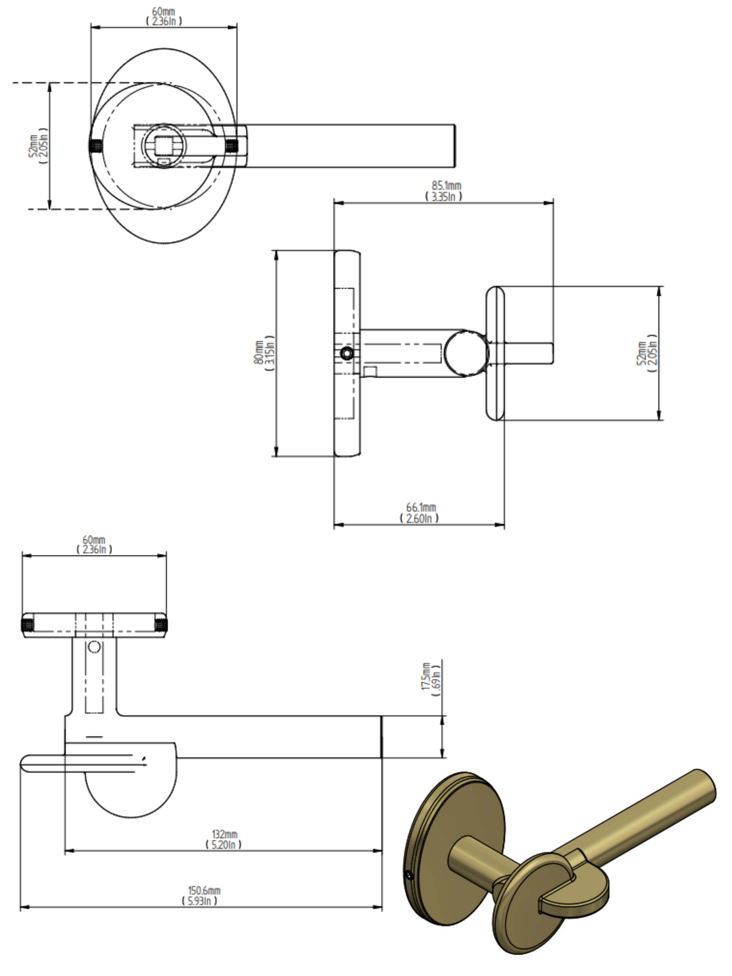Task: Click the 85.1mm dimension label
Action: pyautogui.click(x=446, y=186)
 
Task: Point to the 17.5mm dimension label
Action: pyautogui.click(x=426, y=676)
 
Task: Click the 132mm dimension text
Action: pyautogui.click(x=224, y=834)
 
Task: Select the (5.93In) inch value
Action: pyautogui.click(x=200, y=901)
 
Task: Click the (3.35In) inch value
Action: pyautogui.click(x=443, y=197)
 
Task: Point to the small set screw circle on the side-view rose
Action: pyautogui.click(x=347, y=353)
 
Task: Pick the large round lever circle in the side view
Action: pyautogui.click(x=466, y=353)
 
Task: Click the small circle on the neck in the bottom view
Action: pyautogui.click(x=94, y=647)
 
